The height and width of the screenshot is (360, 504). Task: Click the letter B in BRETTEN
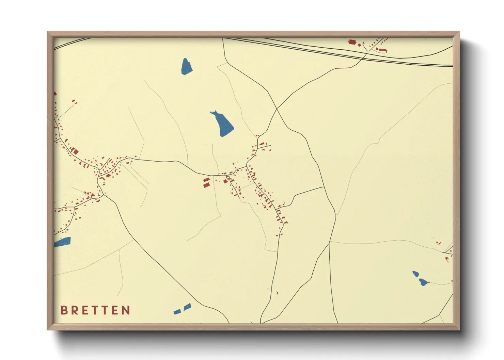(x=64, y=310)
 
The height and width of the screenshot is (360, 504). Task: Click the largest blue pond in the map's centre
(x=223, y=125)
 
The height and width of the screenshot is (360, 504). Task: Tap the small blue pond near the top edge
(x=186, y=66)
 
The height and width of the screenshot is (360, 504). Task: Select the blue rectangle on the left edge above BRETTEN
(x=62, y=242)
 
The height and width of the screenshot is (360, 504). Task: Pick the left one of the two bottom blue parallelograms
(x=177, y=312)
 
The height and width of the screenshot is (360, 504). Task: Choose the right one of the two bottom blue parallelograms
(x=187, y=307)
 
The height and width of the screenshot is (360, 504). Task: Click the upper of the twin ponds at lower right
(x=415, y=274)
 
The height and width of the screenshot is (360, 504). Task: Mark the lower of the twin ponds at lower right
(x=423, y=282)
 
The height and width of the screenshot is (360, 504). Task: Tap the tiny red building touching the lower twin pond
(x=428, y=282)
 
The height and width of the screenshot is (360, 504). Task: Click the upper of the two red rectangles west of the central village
(x=206, y=180)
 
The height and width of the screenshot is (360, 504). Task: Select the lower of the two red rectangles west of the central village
(x=206, y=185)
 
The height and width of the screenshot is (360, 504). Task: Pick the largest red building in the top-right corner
(x=352, y=42)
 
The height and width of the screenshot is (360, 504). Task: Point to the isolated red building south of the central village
(x=277, y=293)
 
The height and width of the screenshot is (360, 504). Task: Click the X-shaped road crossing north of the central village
(x=277, y=109)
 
